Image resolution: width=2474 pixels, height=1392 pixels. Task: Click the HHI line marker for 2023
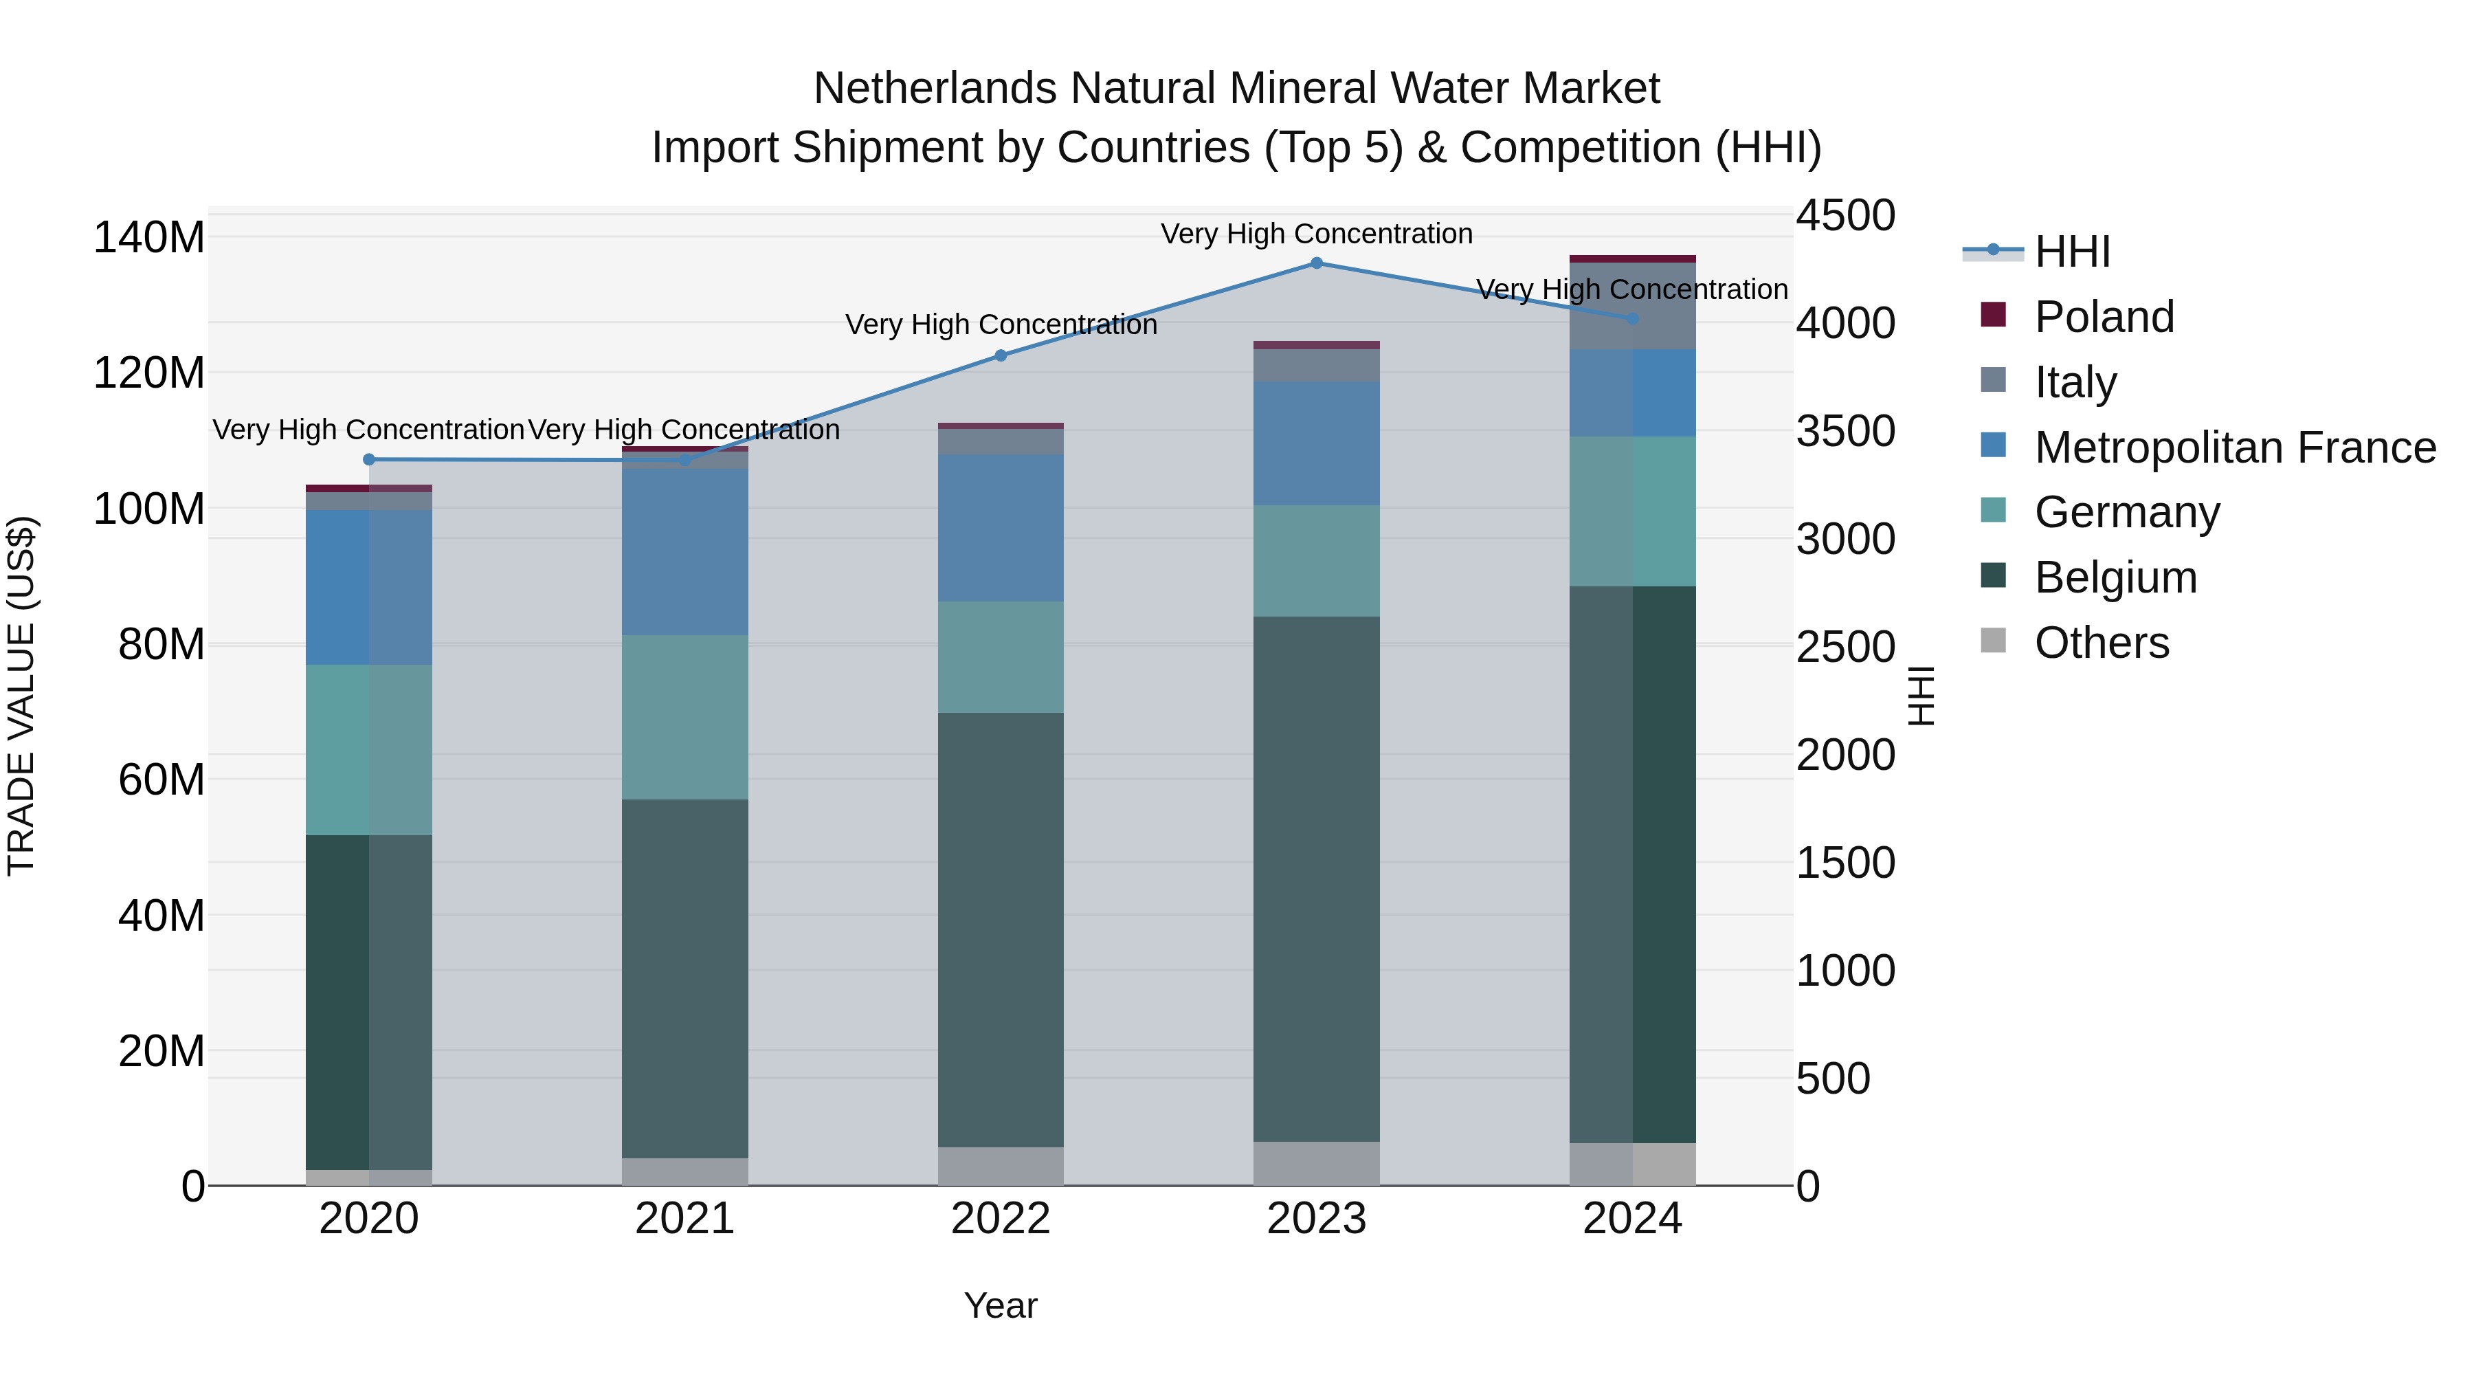[1316, 263]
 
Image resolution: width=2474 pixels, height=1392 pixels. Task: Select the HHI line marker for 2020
[369, 459]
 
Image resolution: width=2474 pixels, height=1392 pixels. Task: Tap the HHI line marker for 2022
[1000, 355]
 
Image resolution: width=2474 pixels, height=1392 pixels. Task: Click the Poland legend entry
[2104, 317]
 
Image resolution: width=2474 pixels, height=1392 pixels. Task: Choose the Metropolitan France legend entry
[2234, 448]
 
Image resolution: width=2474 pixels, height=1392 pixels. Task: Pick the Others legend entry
[2102, 643]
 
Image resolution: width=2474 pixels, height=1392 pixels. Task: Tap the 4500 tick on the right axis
[1845, 215]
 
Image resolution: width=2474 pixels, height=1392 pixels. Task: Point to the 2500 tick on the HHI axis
[1845, 647]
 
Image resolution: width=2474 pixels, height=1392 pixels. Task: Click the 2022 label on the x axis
[1000, 1219]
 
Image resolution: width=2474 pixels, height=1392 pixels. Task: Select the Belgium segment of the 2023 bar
[1316, 879]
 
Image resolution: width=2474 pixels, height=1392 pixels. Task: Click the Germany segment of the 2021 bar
[684, 717]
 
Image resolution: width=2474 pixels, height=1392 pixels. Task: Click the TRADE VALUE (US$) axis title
[21, 696]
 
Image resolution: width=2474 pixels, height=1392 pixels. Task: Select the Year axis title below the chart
[1000, 1305]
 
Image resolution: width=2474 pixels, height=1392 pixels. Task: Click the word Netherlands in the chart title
[937, 89]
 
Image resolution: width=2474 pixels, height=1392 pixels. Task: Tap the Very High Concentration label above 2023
[1316, 234]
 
